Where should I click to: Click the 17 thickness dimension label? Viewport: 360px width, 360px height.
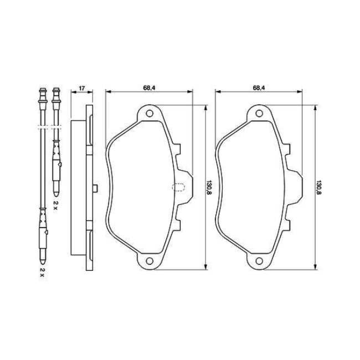click(x=82, y=88)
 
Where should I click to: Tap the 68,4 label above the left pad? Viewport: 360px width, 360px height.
click(x=149, y=88)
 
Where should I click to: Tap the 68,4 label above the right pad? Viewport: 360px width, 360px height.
click(x=259, y=88)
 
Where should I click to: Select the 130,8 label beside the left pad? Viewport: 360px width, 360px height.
click(x=209, y=187)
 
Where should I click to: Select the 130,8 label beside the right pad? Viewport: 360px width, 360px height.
click(x=319, y=187)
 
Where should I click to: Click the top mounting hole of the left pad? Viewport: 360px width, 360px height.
click(x=150, y=114)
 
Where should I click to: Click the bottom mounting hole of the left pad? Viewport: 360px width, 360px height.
click(x=150, y=261)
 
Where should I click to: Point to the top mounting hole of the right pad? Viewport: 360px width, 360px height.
click(x=259, y=114)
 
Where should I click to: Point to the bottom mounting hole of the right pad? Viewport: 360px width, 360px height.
click(x=259, y=261)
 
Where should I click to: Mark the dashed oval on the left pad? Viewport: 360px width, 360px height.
click(x=178, y=188)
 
